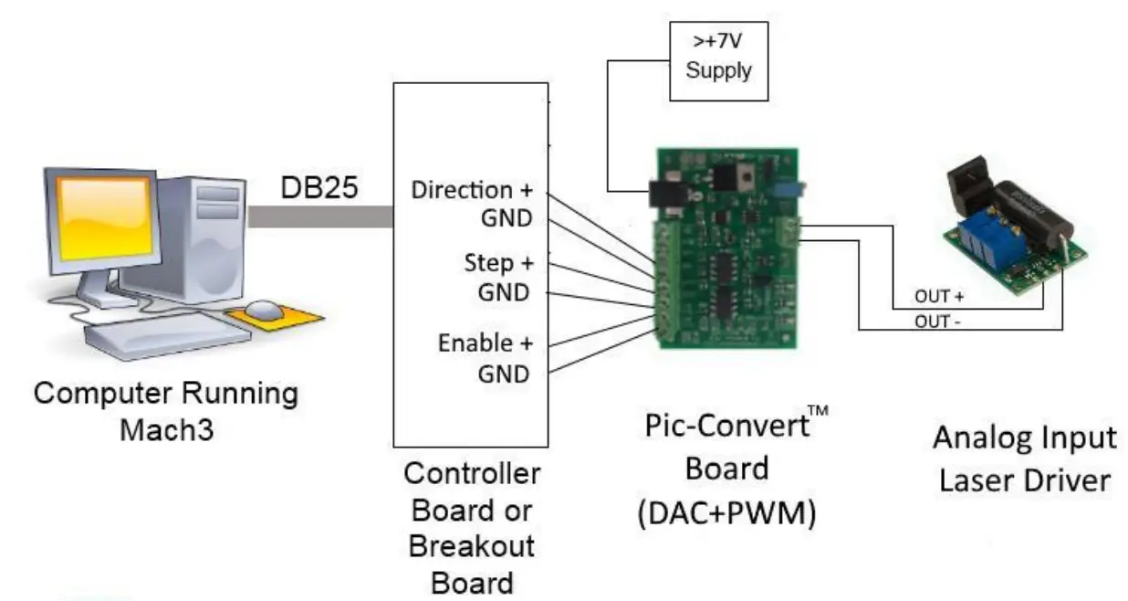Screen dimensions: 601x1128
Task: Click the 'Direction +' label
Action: coord(469,191)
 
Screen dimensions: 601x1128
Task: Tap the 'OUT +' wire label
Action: coord(938,298)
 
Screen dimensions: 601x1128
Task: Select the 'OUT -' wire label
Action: coord(938,321)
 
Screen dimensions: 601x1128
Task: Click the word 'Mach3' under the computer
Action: coord(166,428)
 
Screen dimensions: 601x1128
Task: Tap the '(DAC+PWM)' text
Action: coord(726,513)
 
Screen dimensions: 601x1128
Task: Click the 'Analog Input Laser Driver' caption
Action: coord(1023,458)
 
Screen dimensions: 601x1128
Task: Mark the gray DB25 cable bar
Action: coord(319,216)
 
